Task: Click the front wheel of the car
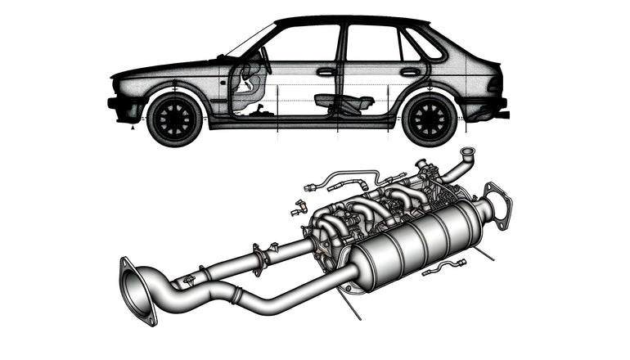coord(174,119)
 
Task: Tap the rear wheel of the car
coord(429,119)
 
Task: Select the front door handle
coord(326,72)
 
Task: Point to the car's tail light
coord(494,84)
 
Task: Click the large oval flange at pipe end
coord(137,290)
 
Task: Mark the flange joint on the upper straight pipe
coord(261,259)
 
